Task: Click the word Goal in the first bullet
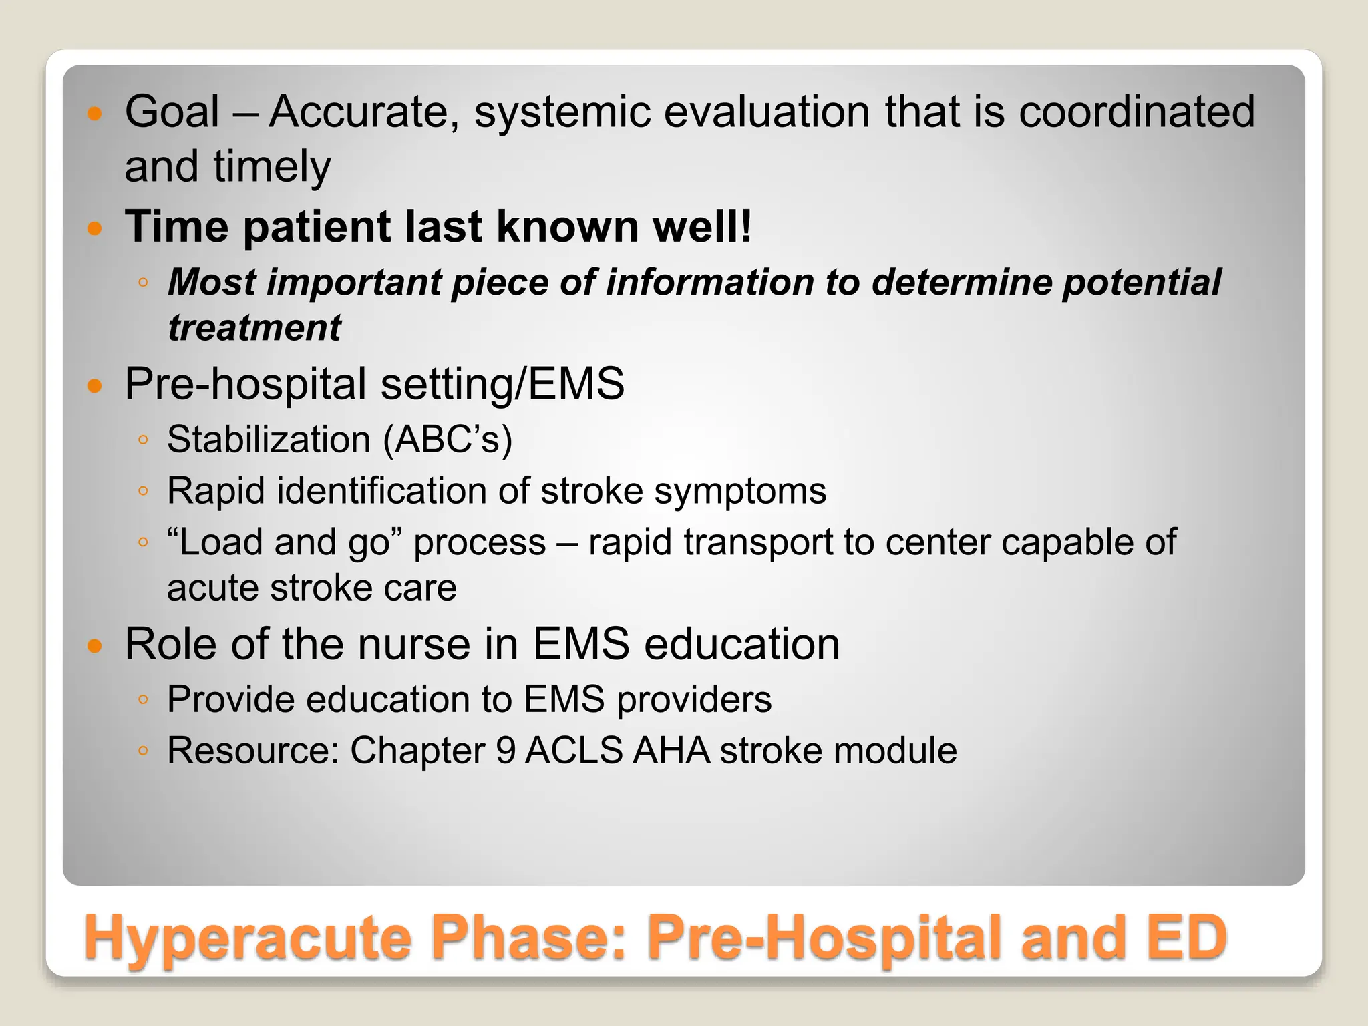click(x=172, y=112)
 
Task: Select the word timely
click(x=272, y=167)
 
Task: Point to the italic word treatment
click(x=254, y=328)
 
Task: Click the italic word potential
click(x=1142, y=283)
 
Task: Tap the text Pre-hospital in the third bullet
click(x=245, y=384)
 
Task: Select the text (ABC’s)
click(x=448, y=440)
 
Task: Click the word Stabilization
click(x=269, y=440)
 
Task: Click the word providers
click(x=694, y=699)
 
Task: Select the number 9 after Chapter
click(x=506, y=750)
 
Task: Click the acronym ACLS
click(x=574, y=750)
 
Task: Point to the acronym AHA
click(x=671, y=750)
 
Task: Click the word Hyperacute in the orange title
click(x=247, y=938)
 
